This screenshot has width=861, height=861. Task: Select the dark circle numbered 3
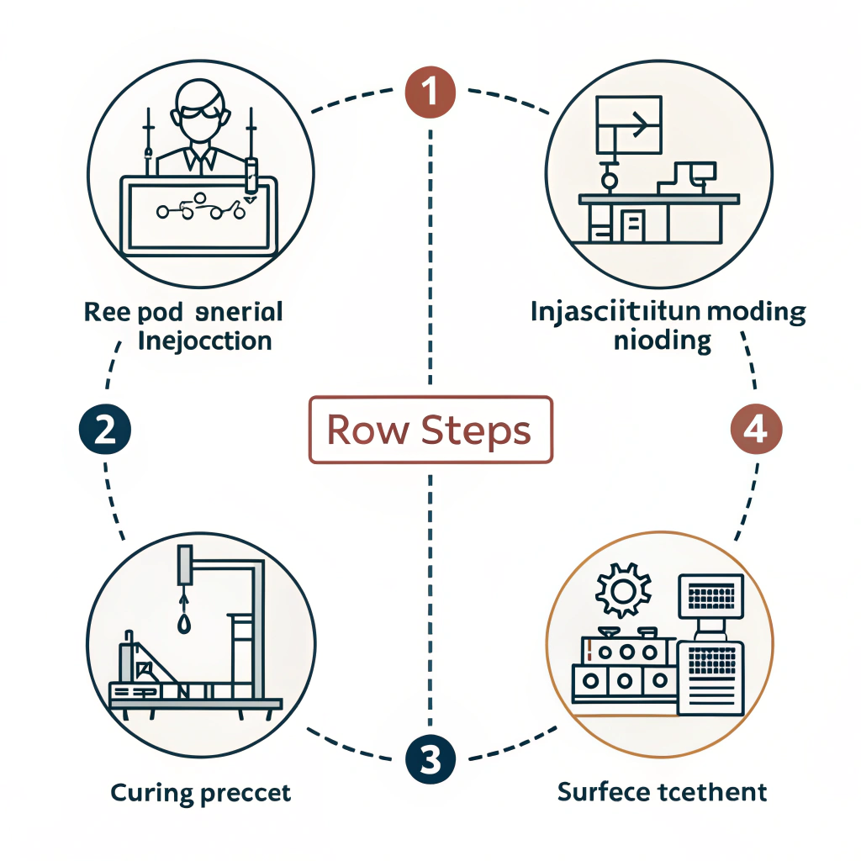(x=430, y=760)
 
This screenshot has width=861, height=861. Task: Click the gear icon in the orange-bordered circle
(x=623, y=592)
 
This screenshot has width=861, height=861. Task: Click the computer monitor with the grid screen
(x=710, y=597)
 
